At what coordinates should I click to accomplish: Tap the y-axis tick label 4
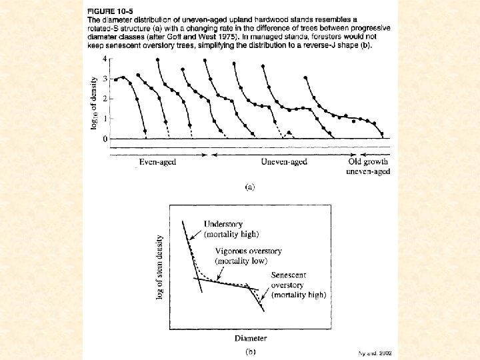coord(104,59)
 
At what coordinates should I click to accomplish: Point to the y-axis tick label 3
coord(104,79)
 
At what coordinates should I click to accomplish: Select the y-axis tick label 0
coord(104,139)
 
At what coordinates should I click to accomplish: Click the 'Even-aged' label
coord(157,162)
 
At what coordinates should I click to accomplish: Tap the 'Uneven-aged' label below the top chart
coord(284,162)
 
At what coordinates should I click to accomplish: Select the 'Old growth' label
coord(368,162)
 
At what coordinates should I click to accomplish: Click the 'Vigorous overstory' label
coord(248,251)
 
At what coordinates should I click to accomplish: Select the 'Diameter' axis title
coord(250,338)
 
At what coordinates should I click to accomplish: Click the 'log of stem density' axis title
coord(159,267)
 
